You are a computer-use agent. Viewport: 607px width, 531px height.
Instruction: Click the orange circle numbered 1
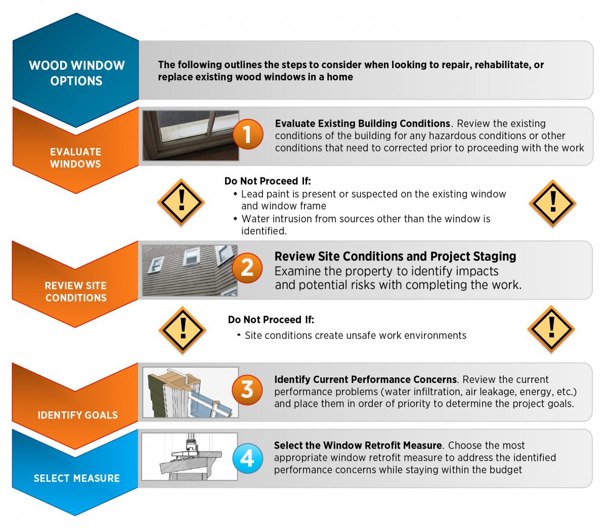(248, 134)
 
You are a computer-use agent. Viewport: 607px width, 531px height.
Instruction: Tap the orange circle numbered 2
(247, 268)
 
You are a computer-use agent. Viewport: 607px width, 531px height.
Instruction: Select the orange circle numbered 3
(247, 390)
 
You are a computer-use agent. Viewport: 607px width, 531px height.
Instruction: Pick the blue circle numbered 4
(247, 458)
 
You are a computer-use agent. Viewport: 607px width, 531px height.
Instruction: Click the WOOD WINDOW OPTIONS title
(76, 73)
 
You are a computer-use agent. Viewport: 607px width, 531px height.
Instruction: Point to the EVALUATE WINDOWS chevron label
(75, 158)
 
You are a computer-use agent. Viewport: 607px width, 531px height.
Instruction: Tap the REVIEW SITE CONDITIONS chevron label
(76, 292)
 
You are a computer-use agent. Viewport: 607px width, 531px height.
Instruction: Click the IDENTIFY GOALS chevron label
(77, 415)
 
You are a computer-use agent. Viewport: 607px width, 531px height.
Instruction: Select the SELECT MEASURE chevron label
(76, 478)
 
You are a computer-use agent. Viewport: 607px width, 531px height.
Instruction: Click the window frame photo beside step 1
(191, 135)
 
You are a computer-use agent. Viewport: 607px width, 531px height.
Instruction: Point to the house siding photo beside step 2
(190, 270)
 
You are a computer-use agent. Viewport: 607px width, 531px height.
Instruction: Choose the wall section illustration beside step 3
(191, 393)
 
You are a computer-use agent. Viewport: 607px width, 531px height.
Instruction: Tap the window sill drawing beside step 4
(190, 457)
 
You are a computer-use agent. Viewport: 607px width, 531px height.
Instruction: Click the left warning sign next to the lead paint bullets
(181, 203)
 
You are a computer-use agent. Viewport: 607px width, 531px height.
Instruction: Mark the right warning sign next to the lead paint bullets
(553, 204)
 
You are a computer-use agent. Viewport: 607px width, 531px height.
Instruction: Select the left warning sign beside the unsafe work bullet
(183, 330)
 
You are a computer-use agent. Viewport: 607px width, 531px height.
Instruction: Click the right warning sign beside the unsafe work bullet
(551, 329)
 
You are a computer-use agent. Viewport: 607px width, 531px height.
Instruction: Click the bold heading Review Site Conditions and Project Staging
(395, 257)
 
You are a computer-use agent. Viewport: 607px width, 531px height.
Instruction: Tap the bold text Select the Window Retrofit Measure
(358, 446)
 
